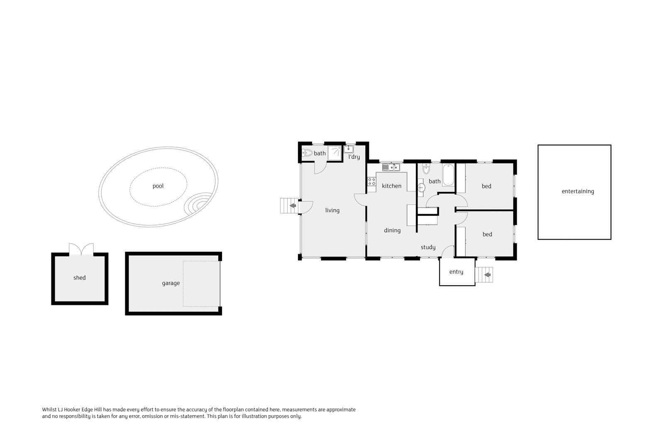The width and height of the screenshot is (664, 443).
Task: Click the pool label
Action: [158, 186]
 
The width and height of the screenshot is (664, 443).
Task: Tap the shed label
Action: [79, 278]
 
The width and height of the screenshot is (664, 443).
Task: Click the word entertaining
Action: [578, 191]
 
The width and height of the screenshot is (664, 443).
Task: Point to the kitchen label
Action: [392, 186]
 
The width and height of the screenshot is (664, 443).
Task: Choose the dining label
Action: [392, 230]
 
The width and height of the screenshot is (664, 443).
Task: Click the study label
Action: [428, 247]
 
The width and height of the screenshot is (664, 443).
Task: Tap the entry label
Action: [456, 272]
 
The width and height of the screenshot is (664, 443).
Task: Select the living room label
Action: [332, 210]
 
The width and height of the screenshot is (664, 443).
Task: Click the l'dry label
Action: [354, 157]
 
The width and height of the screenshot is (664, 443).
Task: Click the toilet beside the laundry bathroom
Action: [307, 153]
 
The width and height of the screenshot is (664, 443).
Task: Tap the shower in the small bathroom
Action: [334, 153]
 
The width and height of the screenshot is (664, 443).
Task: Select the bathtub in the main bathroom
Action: [448, 175]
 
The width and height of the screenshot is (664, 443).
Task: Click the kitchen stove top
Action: [372, 181]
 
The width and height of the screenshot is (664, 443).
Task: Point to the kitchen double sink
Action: [391, 167]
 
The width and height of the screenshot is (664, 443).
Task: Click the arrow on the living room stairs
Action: [293, 206]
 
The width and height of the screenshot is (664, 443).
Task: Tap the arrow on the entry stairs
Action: [487, 275]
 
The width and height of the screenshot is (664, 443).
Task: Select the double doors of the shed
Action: [81, 249]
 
